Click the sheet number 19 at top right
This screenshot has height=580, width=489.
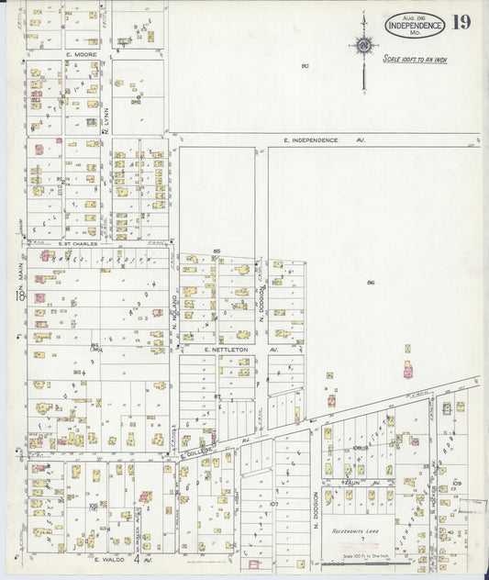(x=461, y=22)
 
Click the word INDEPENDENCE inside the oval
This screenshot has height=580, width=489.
(x=415, y=26)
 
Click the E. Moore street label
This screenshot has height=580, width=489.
(x=82, y=54)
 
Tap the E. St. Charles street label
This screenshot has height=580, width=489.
(x=78, y=244)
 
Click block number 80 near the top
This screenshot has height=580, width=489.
(x=305, y=65)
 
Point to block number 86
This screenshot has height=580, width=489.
(x=371, y=283)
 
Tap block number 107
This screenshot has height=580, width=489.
(x=273, y=504)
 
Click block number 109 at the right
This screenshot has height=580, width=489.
(x=456, y=482)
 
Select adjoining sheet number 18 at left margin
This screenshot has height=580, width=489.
(x=17, y=296)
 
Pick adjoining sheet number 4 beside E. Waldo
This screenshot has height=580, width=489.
(x=137, y=558)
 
